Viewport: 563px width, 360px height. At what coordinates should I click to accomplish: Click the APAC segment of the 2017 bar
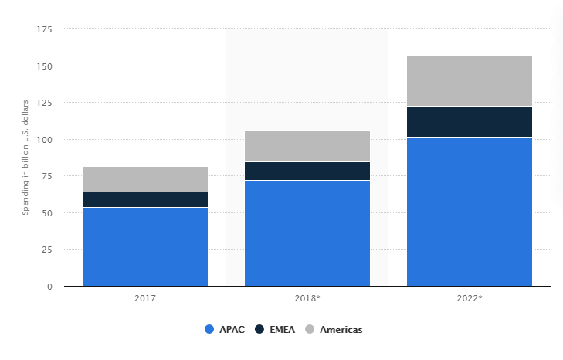pyautogui.click(x=144, y=246)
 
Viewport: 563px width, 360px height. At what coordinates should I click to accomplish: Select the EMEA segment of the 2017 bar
pyautogui.click(x=144, y=199)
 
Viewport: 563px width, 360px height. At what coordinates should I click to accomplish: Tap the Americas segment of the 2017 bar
pyautogui.click(x=144, y=179)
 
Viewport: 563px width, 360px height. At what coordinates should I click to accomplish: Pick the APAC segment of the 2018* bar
pyautogui.click(x=307, y=233)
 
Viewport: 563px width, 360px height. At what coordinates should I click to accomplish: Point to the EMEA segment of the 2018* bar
pyautogui.click(x=307, y=171)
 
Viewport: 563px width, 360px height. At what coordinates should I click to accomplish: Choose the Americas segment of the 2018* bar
pyautogui.click(x=307, y=146)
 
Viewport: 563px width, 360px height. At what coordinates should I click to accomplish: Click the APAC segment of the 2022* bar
pyautogui.click(x=469, y=211)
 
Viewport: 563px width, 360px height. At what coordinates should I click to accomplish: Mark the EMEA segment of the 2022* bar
pyautogui.click(x=469, y=121)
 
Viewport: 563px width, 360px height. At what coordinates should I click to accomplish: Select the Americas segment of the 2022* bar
pyautogui.click(x=469, y=81)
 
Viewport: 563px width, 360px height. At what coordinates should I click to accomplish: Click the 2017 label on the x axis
pyautogui.click(x=144, y=297)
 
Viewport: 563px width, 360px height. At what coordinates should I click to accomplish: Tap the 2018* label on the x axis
pyautogui.click(x=307, y=297)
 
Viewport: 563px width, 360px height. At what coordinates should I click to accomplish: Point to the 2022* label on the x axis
pyautogui.click(x=470, y=297)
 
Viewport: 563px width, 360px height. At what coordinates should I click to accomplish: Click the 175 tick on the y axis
pyautogui.click(x=44, y=29)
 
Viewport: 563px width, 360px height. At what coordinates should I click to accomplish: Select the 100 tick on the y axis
pyautogui.click(x=44, y=140)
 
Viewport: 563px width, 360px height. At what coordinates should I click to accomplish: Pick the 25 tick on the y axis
pyautogui.click(x=46, y=250)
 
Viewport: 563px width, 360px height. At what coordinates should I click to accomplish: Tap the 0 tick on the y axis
pyautogui.click(x=49, y=287)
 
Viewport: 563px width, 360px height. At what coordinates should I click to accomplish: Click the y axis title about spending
pyautogui.click(x=25, y=157)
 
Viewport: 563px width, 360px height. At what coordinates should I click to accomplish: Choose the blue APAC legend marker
pyautogui.click(x=209, y=329)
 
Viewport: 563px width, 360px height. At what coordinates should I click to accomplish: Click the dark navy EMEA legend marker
pyautogui.click(x=260, y=329)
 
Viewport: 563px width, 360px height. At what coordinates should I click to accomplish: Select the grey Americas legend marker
pyautogui.click(x=310, y=329)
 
